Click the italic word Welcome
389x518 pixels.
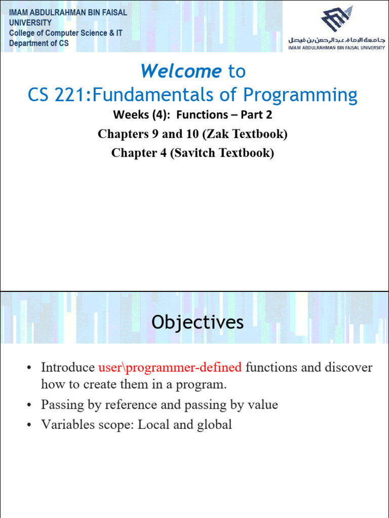181,71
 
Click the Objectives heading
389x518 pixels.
198,322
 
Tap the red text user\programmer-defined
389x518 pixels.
170,367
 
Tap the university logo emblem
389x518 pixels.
336,21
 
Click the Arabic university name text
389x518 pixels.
336,39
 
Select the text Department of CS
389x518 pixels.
39,44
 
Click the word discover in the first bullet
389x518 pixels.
348,367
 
